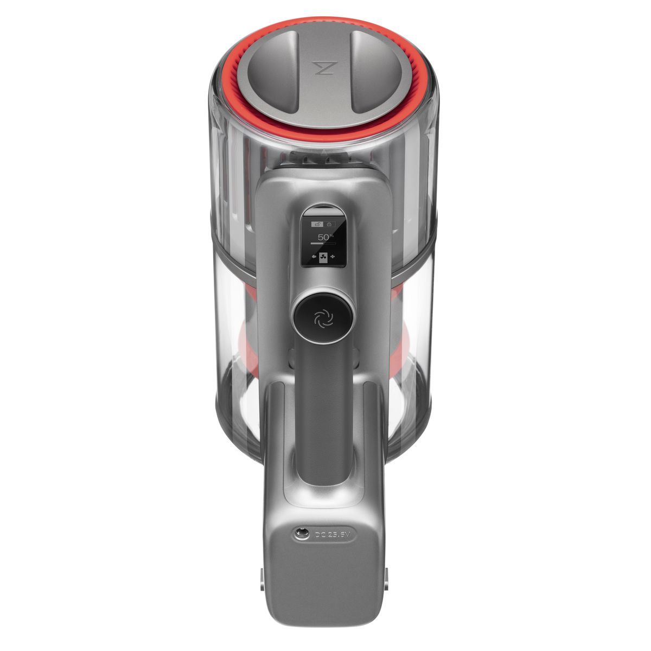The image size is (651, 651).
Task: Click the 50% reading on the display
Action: [x=324, y=237]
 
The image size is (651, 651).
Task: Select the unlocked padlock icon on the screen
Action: [x=316, y=224]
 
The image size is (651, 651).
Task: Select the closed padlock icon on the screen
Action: [x=329, y=224]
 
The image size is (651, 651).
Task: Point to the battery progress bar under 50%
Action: [x=324, y=244]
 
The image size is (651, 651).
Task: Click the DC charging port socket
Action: [x=298, y=534]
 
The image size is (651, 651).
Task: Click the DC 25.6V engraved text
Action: [x=333, y=535]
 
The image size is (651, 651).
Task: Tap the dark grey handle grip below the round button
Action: [x=323, y=412]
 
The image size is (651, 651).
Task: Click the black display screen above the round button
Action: [x=324, y=239]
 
